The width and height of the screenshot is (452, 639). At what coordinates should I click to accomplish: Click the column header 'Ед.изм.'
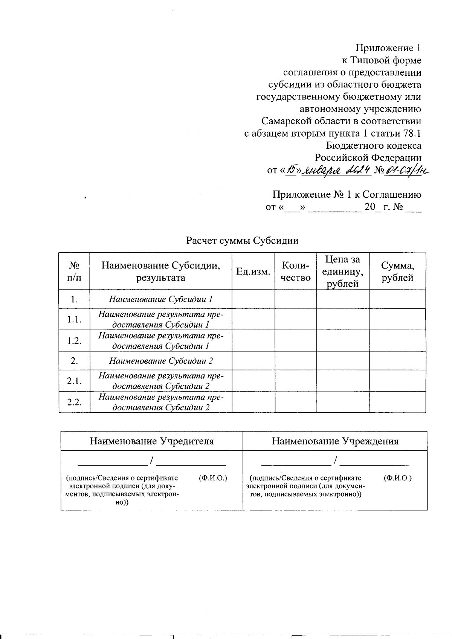point(253,271)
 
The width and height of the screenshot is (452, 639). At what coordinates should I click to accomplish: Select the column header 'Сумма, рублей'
point(397,271)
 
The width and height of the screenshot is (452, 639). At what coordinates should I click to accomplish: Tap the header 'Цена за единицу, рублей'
point(342,271)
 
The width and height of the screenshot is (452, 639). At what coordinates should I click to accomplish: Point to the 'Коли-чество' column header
point(296,271)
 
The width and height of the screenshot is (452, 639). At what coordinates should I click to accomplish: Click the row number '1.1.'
point(74,320)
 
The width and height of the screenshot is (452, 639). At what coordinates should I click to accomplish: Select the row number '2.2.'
point(74,402)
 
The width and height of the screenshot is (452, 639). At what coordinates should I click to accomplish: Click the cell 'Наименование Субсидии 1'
point(161,299)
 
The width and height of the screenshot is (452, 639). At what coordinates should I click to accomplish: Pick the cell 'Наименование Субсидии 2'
point(161,361)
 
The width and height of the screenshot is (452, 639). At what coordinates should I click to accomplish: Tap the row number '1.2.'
point(74,341)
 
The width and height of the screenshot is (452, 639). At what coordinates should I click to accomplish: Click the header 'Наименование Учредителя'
point(151,441)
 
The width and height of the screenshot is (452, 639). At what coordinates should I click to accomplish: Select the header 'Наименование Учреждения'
point(335,441)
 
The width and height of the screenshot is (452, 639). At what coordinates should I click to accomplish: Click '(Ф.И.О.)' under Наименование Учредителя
point(213,478)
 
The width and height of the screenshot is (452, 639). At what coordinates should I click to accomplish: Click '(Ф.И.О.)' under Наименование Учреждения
point(397,478)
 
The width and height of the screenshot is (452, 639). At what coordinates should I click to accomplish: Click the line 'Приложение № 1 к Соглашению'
point(347,195)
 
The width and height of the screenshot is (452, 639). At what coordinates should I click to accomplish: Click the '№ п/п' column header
point(74,271)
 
